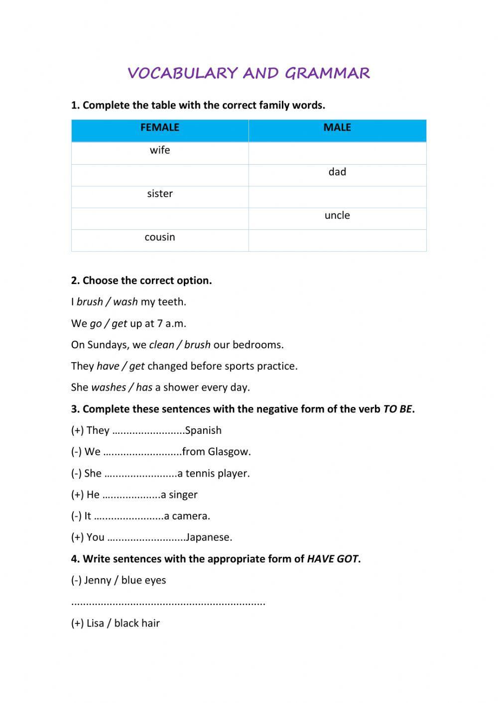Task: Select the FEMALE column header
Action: pyautogui.click(x=160, y=128)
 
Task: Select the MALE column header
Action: pyautogui.click(x=337, y=128)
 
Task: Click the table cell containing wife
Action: pyautogui.click(x=160, y=150)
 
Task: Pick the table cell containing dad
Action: pyautogui.click(x=337, y=172)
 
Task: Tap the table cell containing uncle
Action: pyautogui.click(x=337, y=215)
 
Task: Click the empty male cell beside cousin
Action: pyautogui.click(x=337, y=240)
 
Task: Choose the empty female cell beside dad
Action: pyautogui.click(x=160, y=175)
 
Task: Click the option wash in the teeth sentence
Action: pyautogui.click(x=125, y=302)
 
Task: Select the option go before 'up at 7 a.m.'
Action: pyautogui.click(x=96, y=324)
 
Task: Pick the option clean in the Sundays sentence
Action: pyautogui.click(x=161, y=345)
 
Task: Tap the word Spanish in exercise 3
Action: pyautogui.click(x=203, y=430)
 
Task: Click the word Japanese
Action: pyautogui.click(x=209, y=537)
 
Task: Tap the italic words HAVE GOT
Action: pyautogui.click(x=332, y=559)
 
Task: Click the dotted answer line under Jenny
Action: pyautogui.click(x=168, y=603)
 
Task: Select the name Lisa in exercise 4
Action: pyautogui.click(x=95, y=623)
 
